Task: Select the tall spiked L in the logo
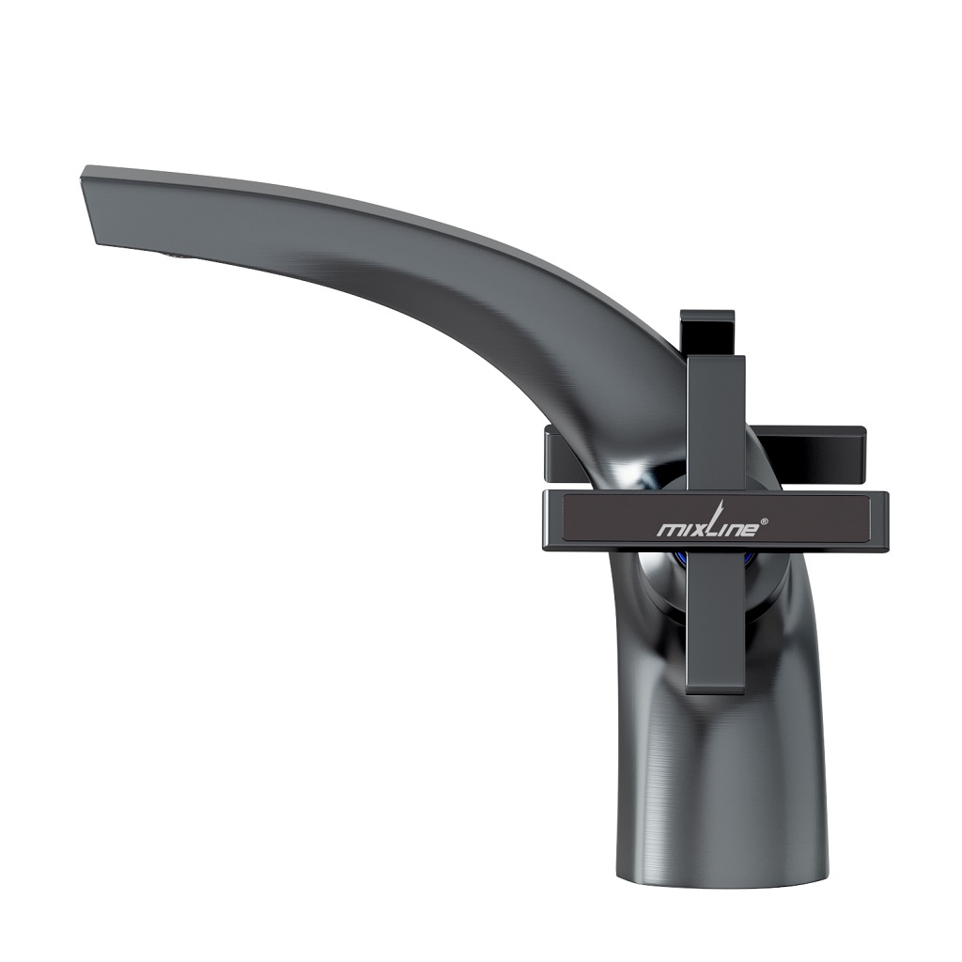(712, 521)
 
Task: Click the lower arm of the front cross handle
(716, 620)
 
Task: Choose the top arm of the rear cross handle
(711, 329)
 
